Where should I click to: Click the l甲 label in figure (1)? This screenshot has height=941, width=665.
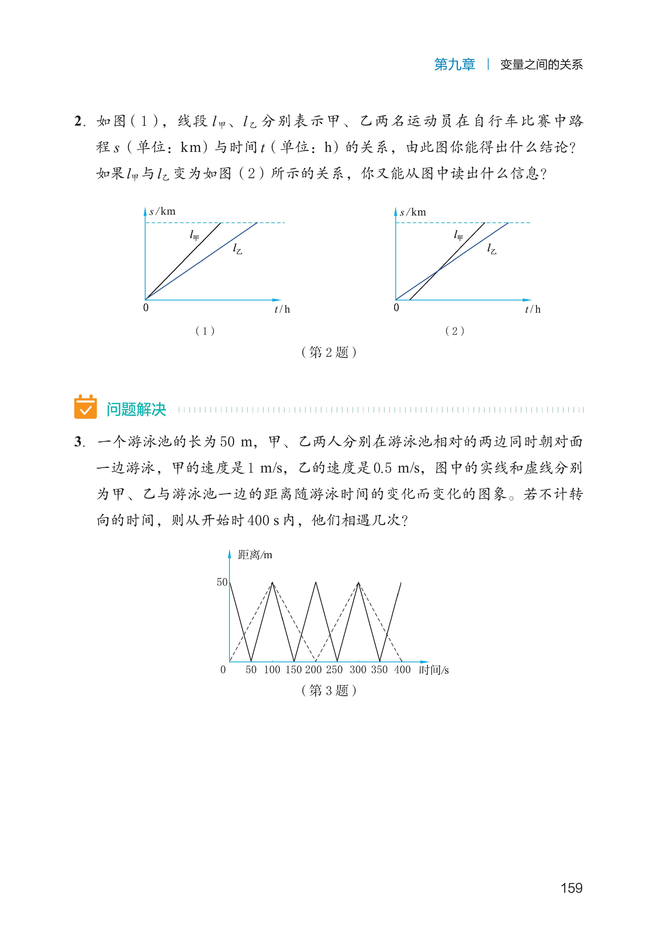pyautogui.click(x=194, y=235)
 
